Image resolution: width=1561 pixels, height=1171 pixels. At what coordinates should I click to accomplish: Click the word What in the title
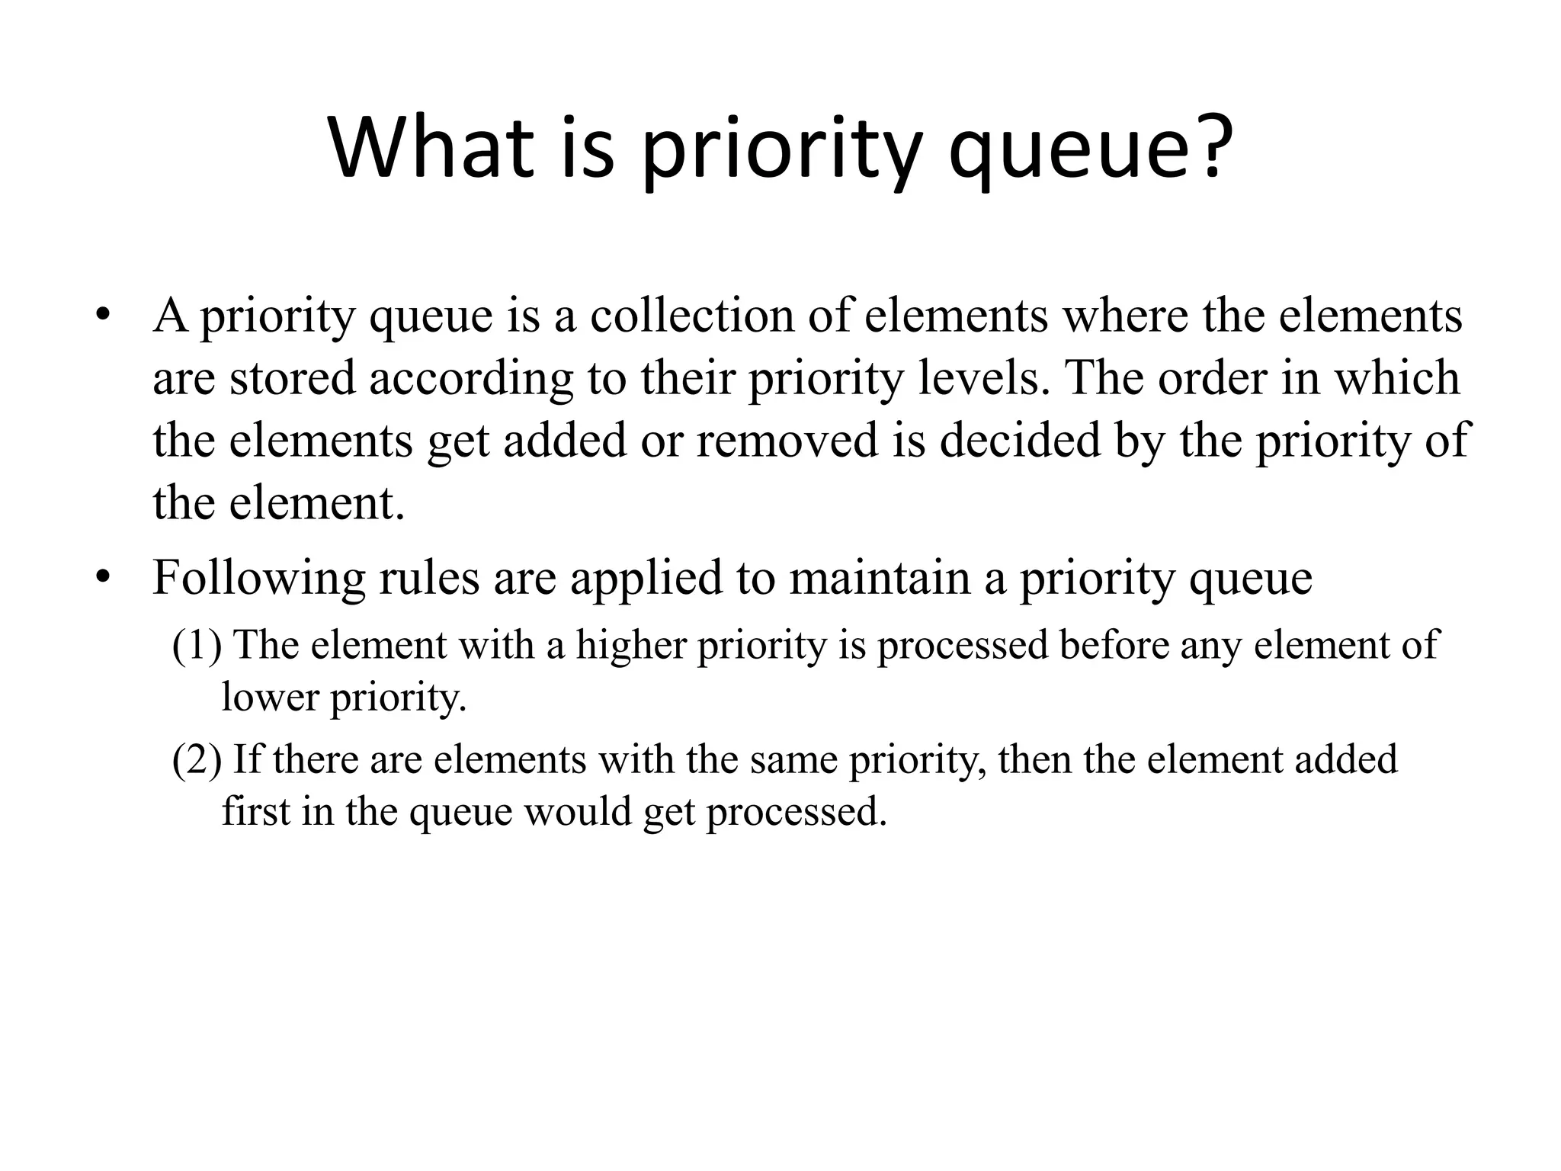[x=431, y=146]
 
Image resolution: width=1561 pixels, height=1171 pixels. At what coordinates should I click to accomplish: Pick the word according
[x=471, y=379]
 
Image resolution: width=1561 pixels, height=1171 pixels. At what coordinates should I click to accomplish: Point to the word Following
[x=259, y=579]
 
